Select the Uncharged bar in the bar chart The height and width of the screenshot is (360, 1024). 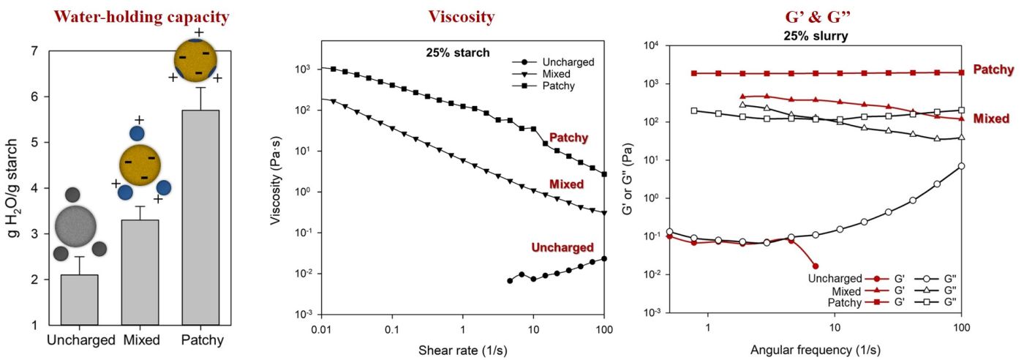point(80,299)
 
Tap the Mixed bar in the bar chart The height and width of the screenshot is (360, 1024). point(140,271)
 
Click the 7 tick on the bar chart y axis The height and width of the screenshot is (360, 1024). point(34,51)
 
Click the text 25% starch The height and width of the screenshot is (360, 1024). point(458,52)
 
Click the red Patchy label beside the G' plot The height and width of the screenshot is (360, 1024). point(993,70)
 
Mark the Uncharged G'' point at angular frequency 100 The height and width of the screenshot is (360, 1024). point(961,166)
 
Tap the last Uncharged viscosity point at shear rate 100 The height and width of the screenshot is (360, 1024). point(604,258)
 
